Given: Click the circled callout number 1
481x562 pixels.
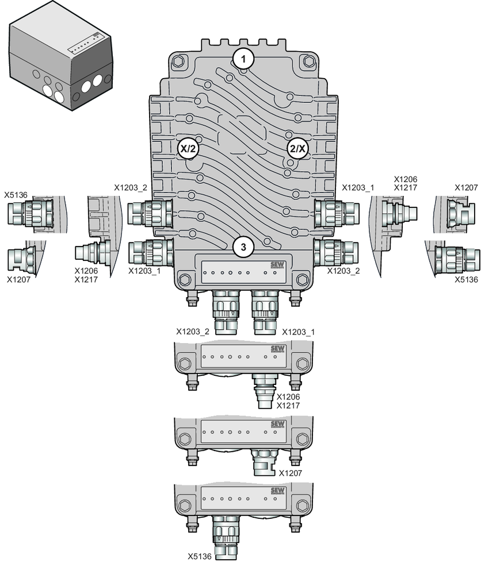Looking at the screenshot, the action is point(243,59).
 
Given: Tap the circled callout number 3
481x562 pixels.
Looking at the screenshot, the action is point(243,247).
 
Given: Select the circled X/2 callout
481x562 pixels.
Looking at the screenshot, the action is point(188,149).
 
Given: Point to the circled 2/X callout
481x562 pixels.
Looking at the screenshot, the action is point(298,149).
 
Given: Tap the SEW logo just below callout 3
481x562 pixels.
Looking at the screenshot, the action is point(277,265).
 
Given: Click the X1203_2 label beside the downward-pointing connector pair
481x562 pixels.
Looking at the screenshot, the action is point(192,332).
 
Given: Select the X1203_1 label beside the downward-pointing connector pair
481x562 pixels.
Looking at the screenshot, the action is point(298,332).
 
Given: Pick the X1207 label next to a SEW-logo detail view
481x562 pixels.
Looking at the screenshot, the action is point(291,473).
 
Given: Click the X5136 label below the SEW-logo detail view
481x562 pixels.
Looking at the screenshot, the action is point(200,556).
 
